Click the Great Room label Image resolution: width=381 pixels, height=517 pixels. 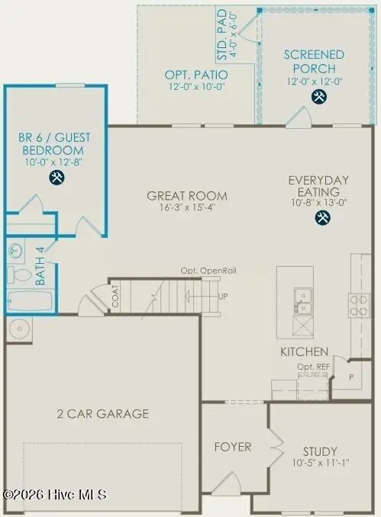(x=187, y=196)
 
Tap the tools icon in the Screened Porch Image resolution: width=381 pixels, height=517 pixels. (x=318, y=97)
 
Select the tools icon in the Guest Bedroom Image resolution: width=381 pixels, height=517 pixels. (x=56, y=178)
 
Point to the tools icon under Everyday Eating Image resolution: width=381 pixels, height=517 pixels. (x=322, y=218)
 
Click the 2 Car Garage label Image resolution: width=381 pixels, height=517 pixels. (x=102, y=414)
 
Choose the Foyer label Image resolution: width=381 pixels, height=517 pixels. (x=232, y=447)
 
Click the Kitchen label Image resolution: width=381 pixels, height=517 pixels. (x=304, y=352)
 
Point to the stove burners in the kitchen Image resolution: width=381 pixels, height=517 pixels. (x=359, y=305)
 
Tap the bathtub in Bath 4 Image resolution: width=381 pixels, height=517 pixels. (x=29, y=301)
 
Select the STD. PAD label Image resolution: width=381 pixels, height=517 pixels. (x=227, y=36)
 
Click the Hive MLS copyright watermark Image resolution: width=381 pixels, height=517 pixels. (x=55, y=495)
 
